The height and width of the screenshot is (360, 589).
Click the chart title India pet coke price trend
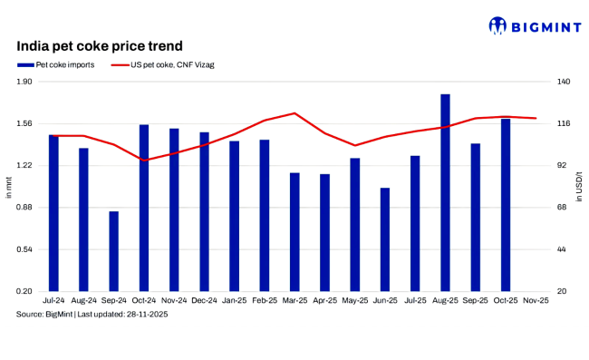tap(100, 45)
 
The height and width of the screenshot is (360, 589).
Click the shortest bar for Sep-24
tap(114, 251)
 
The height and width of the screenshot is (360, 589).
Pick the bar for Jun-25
tap(385, 239)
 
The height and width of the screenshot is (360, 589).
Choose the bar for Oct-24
tap(144, 208)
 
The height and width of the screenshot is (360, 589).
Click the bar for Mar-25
tap(294, 231)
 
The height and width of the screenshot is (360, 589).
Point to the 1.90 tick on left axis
tap(24, 82)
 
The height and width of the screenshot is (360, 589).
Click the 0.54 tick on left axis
tap(24, 249)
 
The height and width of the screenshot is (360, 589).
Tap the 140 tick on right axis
tap(563, 82)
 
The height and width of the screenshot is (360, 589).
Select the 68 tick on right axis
tap(561, 208)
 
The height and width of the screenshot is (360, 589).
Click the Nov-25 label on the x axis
tap(536, 300)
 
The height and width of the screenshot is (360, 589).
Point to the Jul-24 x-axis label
tap(53, 300)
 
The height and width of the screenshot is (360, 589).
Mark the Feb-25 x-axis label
tap(265, 300)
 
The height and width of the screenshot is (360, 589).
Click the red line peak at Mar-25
tap(294, 113)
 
